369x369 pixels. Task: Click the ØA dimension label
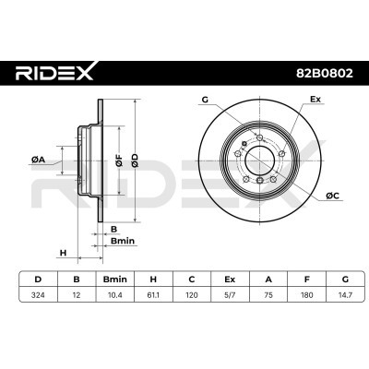point(38,160)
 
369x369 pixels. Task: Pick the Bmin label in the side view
point(123,241)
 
